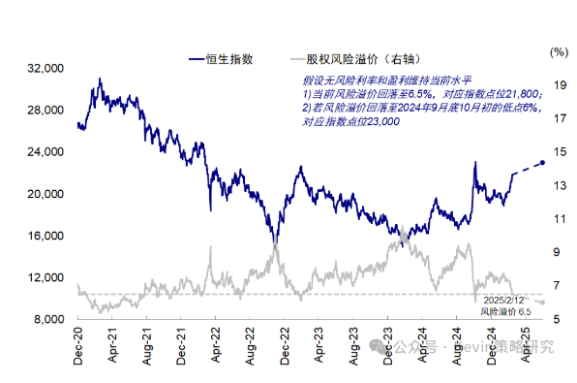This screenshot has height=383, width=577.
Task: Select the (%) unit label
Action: coord(558,50)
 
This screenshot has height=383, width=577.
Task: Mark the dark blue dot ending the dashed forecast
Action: coord(542,162)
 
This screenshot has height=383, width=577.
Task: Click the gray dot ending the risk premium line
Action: coord(542,303)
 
